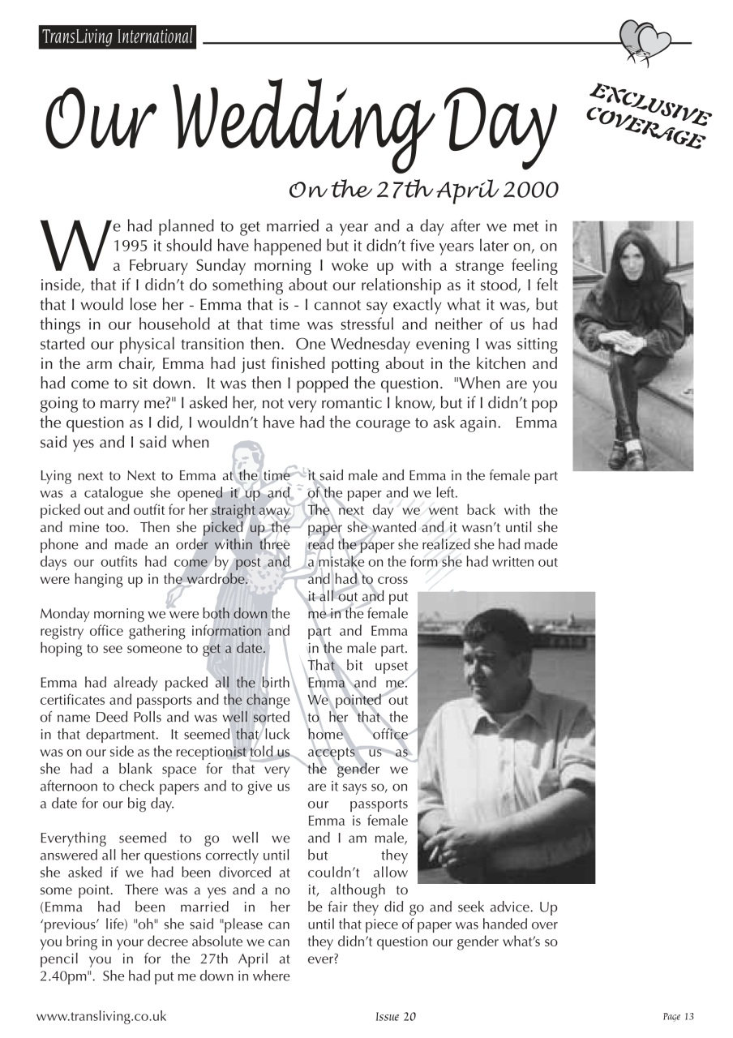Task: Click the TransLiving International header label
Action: (118, 37)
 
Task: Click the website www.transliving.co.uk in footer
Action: (101, 1016)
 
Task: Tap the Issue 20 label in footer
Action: (396, 1017)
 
